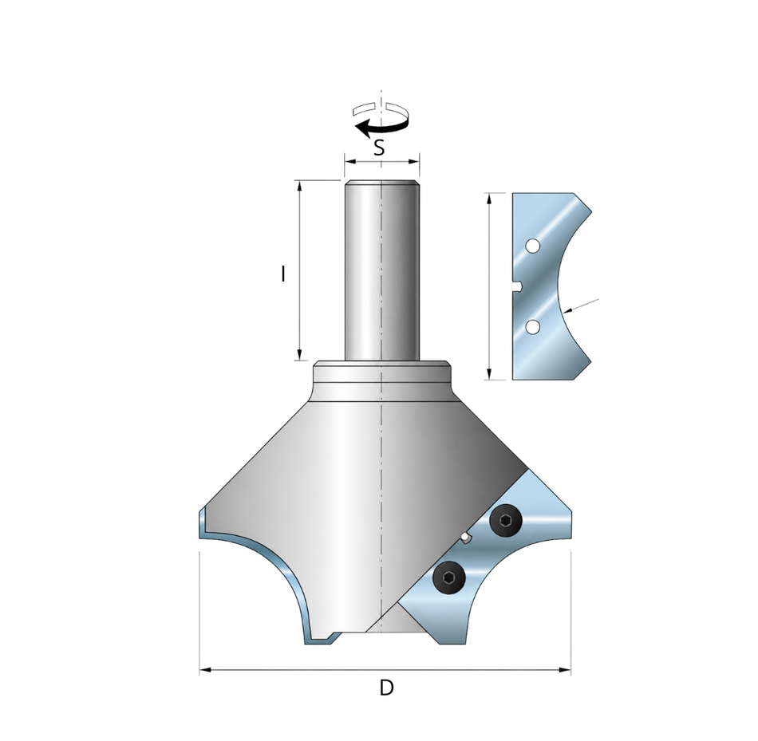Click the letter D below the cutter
(386, 687)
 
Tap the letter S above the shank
(380, 148)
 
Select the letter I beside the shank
(283, 274)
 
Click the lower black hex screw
(449, 577)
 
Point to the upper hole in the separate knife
(532, 246)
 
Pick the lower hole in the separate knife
(532, 327)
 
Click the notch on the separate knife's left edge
(517, 287)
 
